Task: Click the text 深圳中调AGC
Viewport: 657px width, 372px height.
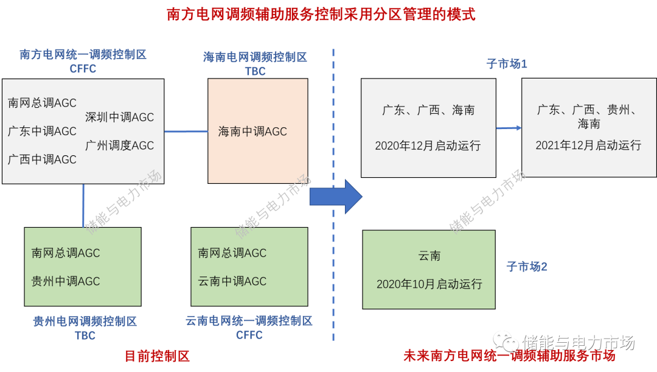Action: point(120,118)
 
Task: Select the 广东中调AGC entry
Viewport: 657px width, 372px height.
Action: point(43,132)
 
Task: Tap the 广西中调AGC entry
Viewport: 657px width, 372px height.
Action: point(43,160)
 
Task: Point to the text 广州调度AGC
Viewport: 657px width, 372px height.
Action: point(120,146)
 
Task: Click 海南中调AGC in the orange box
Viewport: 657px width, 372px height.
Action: point(252,132)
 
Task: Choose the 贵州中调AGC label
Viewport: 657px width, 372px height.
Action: point(66,281)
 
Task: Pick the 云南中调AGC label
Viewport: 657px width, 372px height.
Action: point(232,281)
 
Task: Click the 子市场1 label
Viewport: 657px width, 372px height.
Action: point(507,64)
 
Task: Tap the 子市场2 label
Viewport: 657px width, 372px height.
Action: point(527,267)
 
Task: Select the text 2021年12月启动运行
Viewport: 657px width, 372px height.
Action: point(588,146)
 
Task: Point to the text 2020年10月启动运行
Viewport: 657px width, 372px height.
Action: point(429,284)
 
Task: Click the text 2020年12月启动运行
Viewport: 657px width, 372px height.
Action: point(428,146)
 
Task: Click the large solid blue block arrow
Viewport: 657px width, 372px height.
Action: point(335,197)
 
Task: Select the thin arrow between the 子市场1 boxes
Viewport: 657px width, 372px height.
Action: point(509,128)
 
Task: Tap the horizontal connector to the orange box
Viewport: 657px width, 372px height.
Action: point(186,131)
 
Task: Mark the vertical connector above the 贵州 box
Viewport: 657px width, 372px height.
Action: point(83,205)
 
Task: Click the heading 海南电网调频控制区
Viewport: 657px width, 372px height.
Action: point(255,57)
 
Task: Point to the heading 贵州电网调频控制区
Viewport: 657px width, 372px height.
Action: point(85,321)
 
